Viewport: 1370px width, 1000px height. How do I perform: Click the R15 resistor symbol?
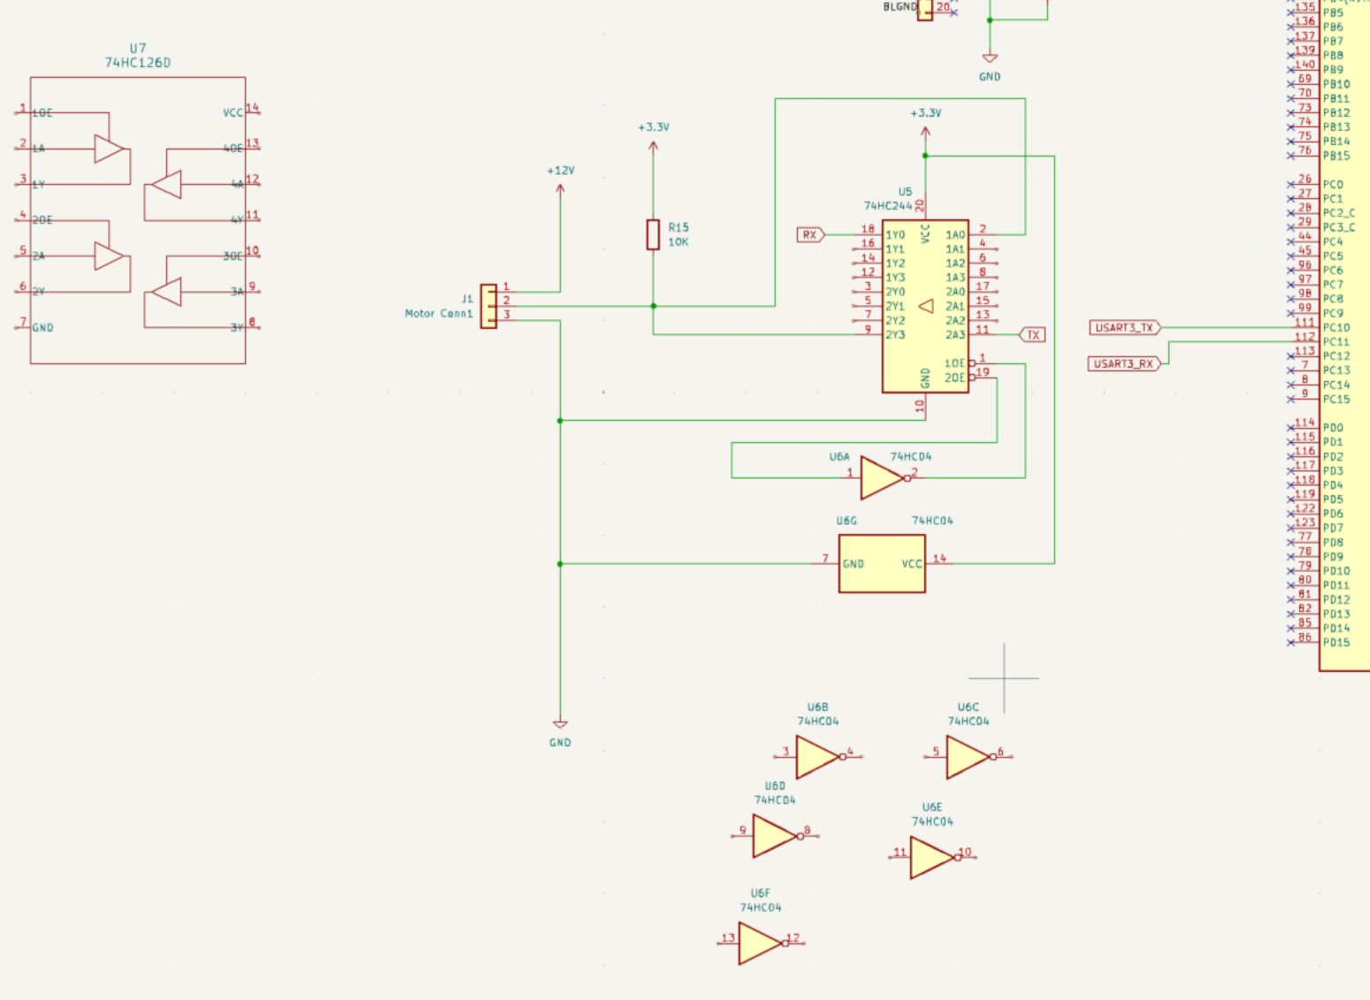click(653, 235)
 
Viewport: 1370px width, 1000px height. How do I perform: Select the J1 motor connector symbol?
click(488, 306)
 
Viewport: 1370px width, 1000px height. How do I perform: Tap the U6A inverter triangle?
click(882, 477)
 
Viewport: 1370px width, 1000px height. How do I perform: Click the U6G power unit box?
click(882, 563)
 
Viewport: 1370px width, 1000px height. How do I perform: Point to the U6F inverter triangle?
click(760, 943)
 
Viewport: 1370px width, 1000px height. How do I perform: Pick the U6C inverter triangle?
click(968, 757)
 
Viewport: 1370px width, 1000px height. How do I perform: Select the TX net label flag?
click(1032, 335)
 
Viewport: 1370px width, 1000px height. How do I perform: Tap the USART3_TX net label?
click(1124, 328)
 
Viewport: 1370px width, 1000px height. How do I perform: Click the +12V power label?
click(560, 171)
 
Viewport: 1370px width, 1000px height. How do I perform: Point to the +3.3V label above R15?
click(654, 127)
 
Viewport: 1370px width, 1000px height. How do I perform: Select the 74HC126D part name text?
click(138, 63)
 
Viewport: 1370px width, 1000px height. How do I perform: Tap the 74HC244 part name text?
click(887, 206)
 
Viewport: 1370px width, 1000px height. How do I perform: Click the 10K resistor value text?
click(678, 242)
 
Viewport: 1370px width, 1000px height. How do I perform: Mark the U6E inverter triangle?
click(932, 857)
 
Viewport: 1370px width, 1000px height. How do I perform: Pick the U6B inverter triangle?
click(817, 757)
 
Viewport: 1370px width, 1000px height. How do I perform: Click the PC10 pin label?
click(1336, 328)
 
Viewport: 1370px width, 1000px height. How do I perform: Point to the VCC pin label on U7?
click(233, 113)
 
